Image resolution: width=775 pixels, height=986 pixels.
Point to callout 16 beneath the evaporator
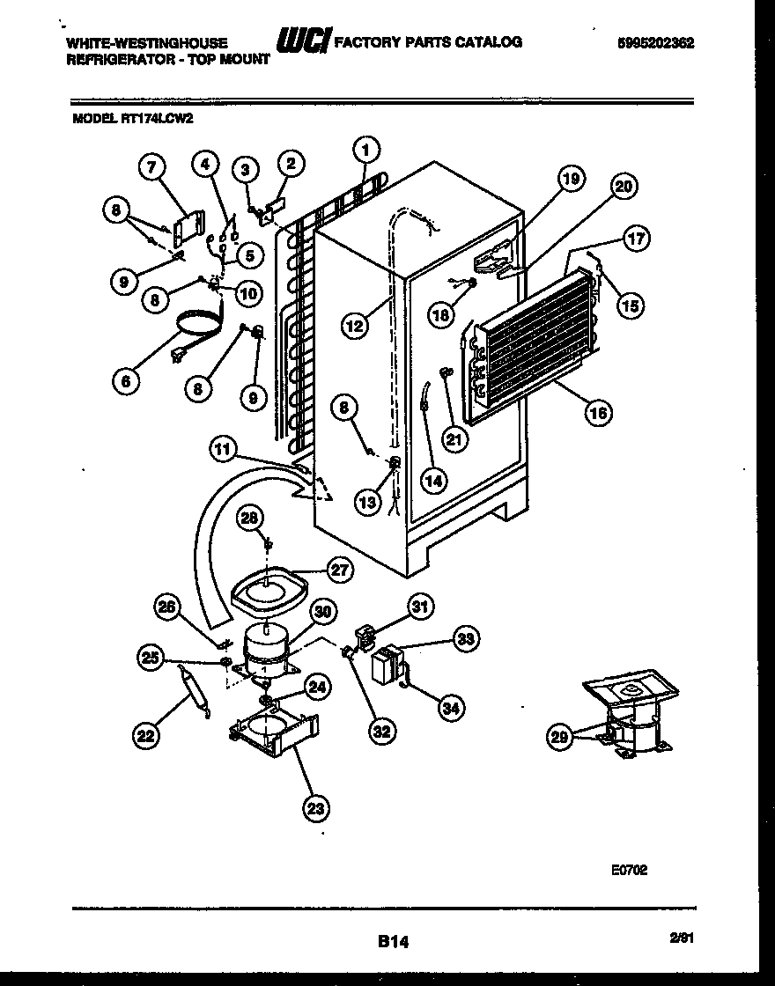tap(599, 412)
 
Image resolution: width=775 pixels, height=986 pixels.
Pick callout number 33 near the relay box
tap(467, 640)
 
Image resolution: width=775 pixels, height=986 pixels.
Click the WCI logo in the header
tap(303, 42)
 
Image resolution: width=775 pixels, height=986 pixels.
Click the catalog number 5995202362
tap(655, 43)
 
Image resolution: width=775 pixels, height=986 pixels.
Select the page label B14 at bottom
tap(393, 941)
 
